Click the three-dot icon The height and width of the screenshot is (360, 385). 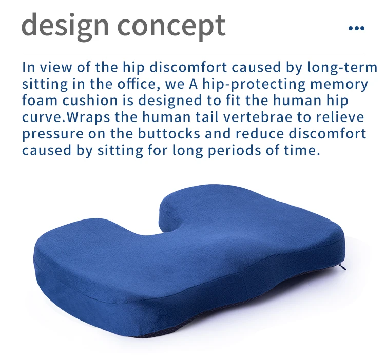pyautogui.click(x=356, y=28)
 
